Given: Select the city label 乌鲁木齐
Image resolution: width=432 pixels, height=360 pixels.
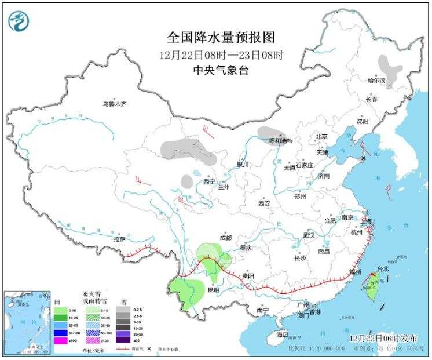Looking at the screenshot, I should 114,104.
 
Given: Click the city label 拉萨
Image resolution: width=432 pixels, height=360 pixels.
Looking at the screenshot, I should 119,238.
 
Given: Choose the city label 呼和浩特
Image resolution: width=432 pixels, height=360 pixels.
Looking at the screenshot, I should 281,141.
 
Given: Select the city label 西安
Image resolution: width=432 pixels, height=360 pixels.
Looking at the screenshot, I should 264,203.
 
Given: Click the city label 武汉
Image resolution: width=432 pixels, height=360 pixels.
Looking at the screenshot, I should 308,235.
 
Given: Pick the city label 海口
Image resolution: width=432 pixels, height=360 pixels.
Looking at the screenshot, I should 282,334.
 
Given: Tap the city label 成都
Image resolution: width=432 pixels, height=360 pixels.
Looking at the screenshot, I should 225,238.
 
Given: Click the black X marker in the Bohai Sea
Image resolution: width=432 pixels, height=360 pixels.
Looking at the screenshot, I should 364,158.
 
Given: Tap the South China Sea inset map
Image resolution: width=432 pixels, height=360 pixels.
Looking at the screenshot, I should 26,322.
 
